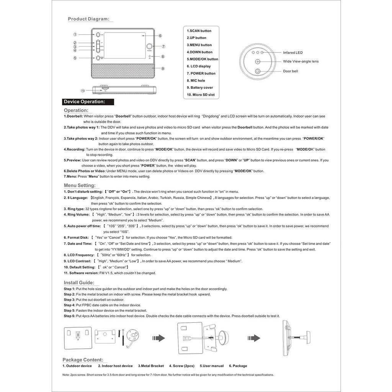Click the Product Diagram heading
point(88,19)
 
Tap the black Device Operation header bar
point(88,102)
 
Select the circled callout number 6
point(160,36)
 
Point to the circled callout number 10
point(83,91)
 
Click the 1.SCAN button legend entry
point(199,31)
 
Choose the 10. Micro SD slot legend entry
point(201,95)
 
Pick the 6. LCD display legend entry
point(199,66)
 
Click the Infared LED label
point(293,52)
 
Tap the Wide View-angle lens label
point(301,61)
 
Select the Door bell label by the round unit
point(291,71)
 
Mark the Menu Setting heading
point(80,185)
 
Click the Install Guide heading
point(79,283)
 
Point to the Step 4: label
point(70,305)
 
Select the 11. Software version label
point(81,273)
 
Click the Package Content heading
point(83,360)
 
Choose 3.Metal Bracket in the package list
point(151,366)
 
